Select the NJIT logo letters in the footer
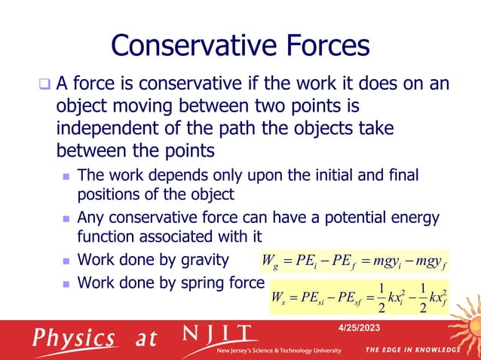click(219, 333)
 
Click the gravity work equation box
click(354, 262)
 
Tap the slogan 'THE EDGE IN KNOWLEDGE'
click(412, 350)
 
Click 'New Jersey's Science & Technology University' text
click(279, 351)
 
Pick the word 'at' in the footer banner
click(146, 339)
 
